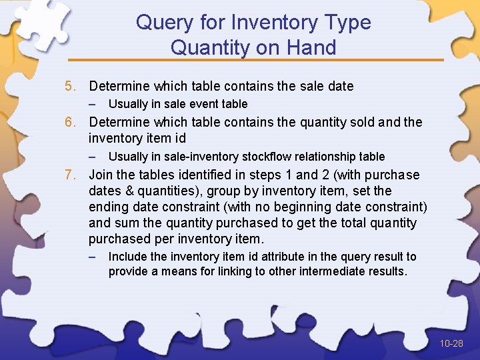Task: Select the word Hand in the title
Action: (x=312, y=47)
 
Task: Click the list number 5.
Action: (x=70, y=86)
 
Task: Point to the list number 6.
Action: (x=70, y=122)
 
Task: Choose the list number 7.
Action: (x=70, y=175)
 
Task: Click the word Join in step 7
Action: (x=101, y=175)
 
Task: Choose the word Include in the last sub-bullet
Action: (x=127, y=257)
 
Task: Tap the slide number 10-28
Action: (x=451, y=343)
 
